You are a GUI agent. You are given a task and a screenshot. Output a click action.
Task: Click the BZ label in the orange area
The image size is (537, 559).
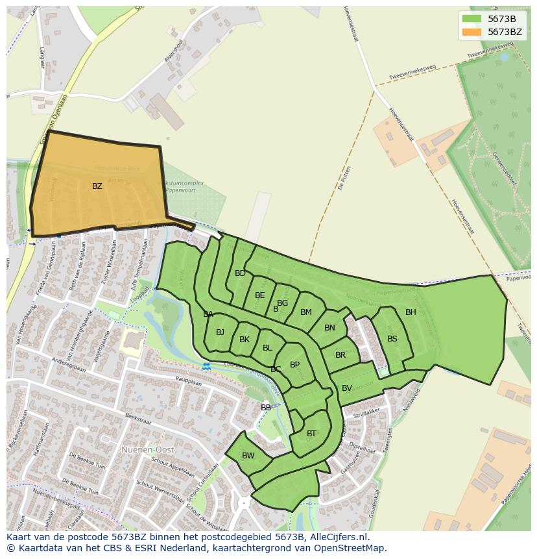click(97, 186)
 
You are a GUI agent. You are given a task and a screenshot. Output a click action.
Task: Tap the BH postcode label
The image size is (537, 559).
click(411, 312)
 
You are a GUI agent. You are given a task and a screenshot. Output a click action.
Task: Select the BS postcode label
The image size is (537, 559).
click(392, 339)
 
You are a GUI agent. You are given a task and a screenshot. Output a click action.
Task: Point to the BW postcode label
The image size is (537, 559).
click(248, 456)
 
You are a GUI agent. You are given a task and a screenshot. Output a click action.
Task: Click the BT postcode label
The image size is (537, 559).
click(311, 434)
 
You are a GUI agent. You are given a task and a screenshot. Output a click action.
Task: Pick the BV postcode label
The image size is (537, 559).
click(346, 388)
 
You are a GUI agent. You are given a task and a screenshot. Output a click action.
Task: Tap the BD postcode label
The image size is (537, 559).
click(240, 273)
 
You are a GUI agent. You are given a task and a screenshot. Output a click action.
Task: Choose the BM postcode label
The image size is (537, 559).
click(306, 312)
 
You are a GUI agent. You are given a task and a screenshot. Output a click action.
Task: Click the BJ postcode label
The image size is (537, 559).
click(220, 332)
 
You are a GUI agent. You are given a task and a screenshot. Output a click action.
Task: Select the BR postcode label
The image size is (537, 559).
click(340, 355)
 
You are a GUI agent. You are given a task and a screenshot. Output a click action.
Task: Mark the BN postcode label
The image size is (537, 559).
click(329, 328)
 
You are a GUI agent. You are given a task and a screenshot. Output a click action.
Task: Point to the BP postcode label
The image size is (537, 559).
click(294, 365)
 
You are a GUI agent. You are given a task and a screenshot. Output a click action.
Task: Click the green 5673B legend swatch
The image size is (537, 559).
click(471, 19)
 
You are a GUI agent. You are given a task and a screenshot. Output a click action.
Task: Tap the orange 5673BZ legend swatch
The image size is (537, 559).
click(471, 32)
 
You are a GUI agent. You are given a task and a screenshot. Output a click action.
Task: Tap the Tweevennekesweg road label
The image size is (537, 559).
click(412, 73)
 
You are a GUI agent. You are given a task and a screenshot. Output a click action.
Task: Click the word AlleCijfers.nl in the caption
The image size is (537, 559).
click(337, 538)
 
